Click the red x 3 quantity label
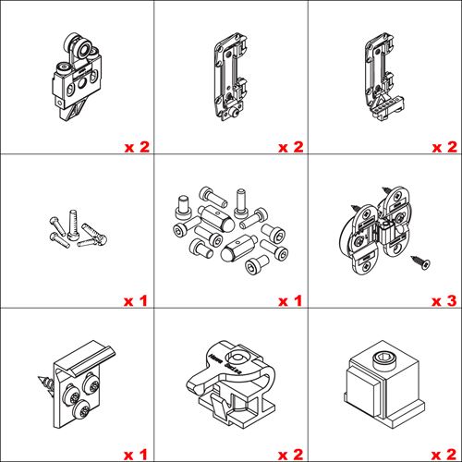click(x=444, y=301)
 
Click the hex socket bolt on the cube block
click(x=382, y=360)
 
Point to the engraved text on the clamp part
click(x=225, y=364)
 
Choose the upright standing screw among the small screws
click(x=73, y=225)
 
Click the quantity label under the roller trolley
click(x=137, y=147)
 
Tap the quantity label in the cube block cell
click(x=444, y=455)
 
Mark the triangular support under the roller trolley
click(x=73, y=111)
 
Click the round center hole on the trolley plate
click(x=82, y=83)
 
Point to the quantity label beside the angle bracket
click(x=136, y=455)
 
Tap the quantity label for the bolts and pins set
click(x=290, y=301)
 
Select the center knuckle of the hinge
click(x=385, y=233)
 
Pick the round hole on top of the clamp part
click(x=237, y=359)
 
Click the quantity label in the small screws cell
click(x=136, y=301)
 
